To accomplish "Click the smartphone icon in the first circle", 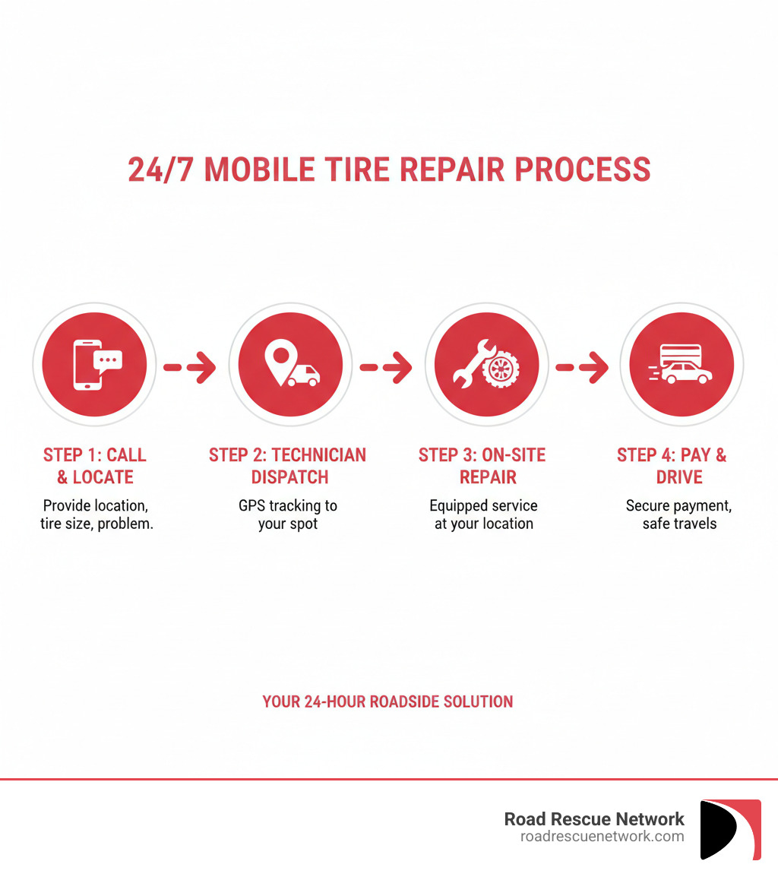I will point(86,366).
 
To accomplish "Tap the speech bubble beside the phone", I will point(108,359).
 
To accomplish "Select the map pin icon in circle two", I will point(279,358).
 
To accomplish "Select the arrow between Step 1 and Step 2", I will point(190,367).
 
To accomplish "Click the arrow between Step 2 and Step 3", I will point(386,367).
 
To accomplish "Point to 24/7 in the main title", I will point(158,169).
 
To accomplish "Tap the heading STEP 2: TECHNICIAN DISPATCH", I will point(288,466).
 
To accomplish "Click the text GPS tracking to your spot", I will point(288,514).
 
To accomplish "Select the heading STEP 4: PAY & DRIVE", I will point(672,466).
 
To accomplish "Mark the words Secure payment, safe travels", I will point(678,514).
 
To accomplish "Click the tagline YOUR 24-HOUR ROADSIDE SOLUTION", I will point(387,701).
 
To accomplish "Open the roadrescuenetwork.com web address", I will point(602,837).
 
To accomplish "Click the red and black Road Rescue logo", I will point(730,829).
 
